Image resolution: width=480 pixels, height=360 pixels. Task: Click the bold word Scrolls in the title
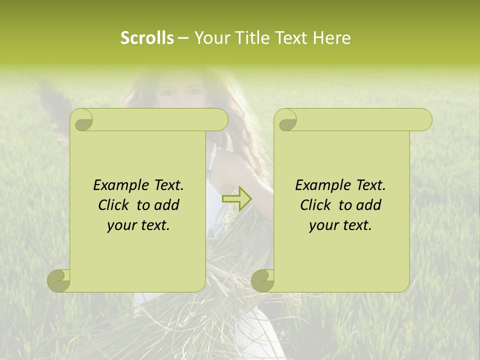click(x=147, y=38)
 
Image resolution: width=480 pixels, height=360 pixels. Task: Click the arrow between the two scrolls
click(x=237, y=198)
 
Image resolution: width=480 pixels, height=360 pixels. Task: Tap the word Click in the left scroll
click(x=114, y=205)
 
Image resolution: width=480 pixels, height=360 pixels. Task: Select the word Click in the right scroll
click(x=316, y=205)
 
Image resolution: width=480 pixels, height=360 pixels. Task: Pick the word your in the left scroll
click(x=120, y=225)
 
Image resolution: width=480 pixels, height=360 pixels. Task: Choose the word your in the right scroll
click(x=322, y=225)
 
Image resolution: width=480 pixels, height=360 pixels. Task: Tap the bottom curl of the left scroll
click(x=59, y=280)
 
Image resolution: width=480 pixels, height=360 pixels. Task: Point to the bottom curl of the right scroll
click(x=263, y=280)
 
